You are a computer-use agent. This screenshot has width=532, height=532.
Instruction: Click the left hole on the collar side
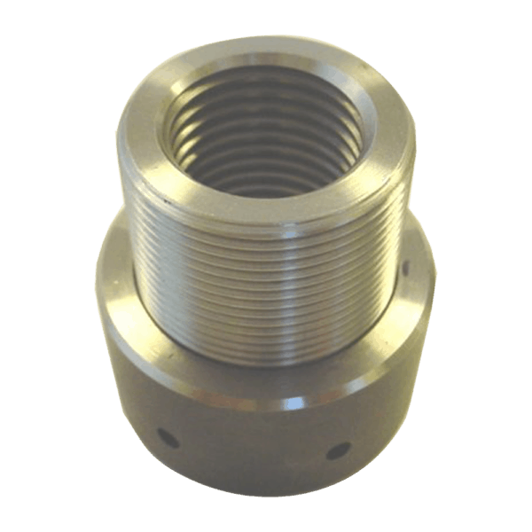coord(165,437)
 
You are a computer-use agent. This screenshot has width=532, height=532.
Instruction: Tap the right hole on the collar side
coord(339,450)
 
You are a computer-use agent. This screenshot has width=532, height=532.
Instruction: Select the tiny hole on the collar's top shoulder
coord(406,266)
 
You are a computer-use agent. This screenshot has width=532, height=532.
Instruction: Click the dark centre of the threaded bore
coord(266,146)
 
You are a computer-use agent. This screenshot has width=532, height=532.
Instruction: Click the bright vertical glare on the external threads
coord(266,284)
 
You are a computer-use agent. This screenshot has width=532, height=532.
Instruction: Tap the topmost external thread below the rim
coord(266,232)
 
